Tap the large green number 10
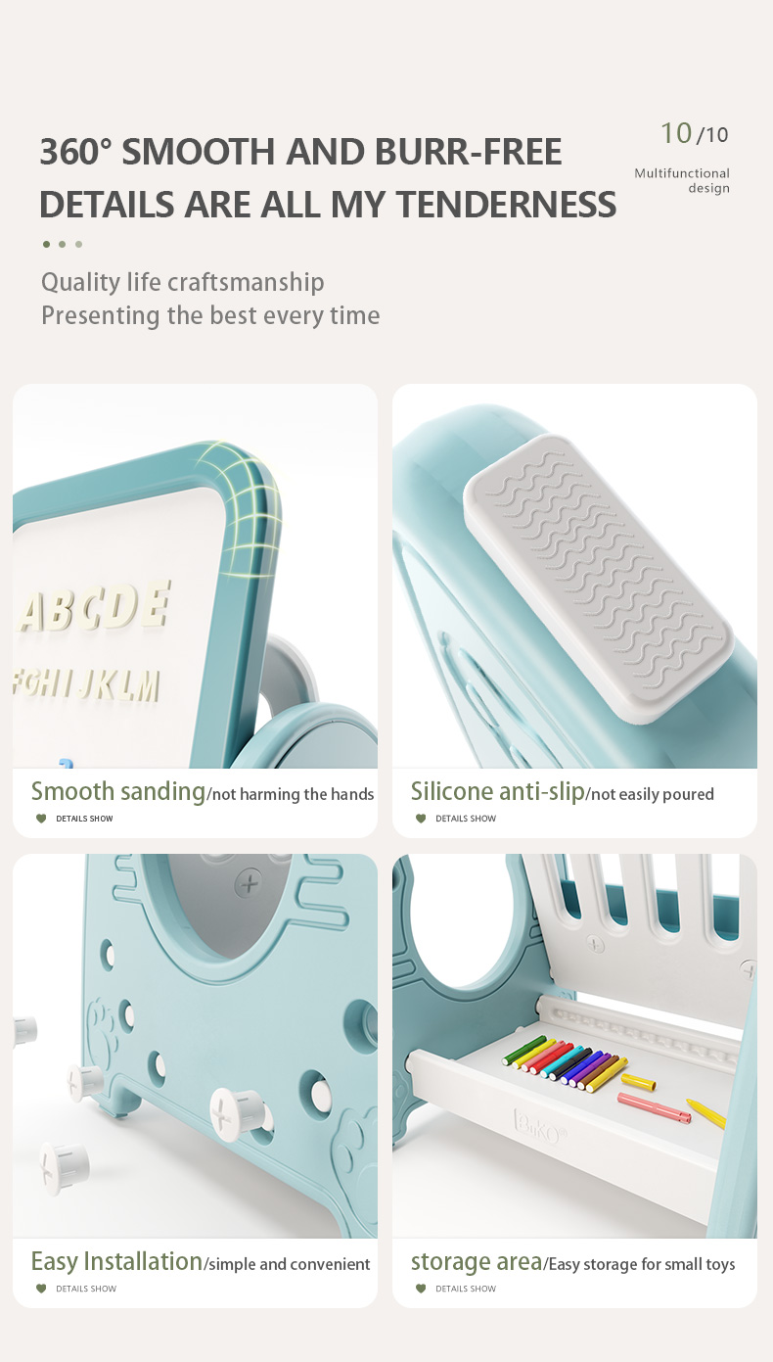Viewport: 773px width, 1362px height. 676,133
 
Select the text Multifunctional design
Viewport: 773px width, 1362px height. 682,180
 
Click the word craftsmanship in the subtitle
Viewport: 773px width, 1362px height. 245,283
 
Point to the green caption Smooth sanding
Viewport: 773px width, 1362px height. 117,792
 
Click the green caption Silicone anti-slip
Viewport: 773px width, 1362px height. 497,792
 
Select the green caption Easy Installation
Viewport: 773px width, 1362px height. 116,1262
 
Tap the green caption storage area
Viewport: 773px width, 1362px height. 477,1262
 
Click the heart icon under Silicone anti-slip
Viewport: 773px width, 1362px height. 421,819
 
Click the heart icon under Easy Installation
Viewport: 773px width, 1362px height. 41,1289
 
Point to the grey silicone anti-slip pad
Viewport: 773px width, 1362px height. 599,578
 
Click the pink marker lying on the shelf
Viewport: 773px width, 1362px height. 655,1107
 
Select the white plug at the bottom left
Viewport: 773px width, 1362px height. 65,1167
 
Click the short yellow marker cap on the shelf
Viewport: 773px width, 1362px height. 638,1082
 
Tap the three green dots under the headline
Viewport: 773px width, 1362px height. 62,245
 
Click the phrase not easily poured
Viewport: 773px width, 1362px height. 652,794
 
